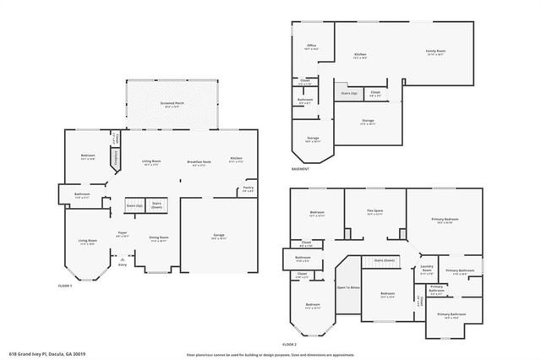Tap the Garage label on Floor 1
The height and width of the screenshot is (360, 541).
coord(217,237)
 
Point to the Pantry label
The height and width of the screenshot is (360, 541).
coord(249,189)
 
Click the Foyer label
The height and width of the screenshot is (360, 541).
coord(123,231)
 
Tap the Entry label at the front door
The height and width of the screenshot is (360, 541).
coord(123,265)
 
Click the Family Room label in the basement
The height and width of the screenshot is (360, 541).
coord(435,52)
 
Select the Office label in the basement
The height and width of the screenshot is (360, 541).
coord(312,46)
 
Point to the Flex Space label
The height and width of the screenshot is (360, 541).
coord(375,213)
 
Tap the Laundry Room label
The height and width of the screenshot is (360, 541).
coord(427,271)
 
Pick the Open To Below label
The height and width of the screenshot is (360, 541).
coord(348,287)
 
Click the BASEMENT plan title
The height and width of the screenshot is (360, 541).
coord(300,169)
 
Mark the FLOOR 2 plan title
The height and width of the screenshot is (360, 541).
coord(290,345)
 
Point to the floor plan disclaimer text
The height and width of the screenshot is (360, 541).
coord(270,354)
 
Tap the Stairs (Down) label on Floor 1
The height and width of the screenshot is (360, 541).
coord(156,205)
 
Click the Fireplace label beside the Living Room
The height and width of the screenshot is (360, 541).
coord(117,159)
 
